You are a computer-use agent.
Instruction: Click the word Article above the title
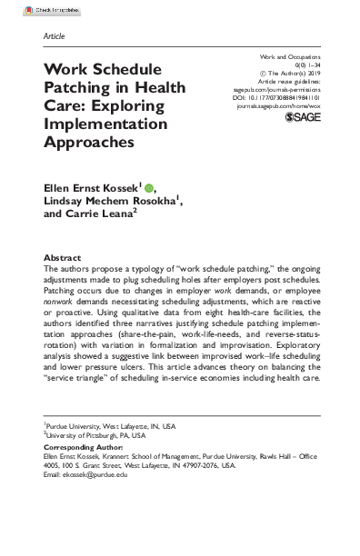[54, 37]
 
